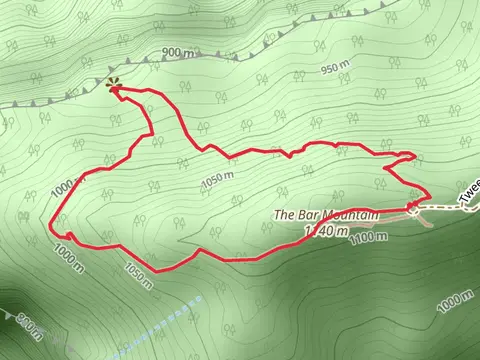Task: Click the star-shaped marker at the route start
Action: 113,85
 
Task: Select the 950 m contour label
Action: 335,70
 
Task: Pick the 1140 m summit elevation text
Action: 326,232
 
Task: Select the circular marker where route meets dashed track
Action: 412,207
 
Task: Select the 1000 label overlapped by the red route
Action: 62,188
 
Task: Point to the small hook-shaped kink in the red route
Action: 71,236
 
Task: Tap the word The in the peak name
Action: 283,215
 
